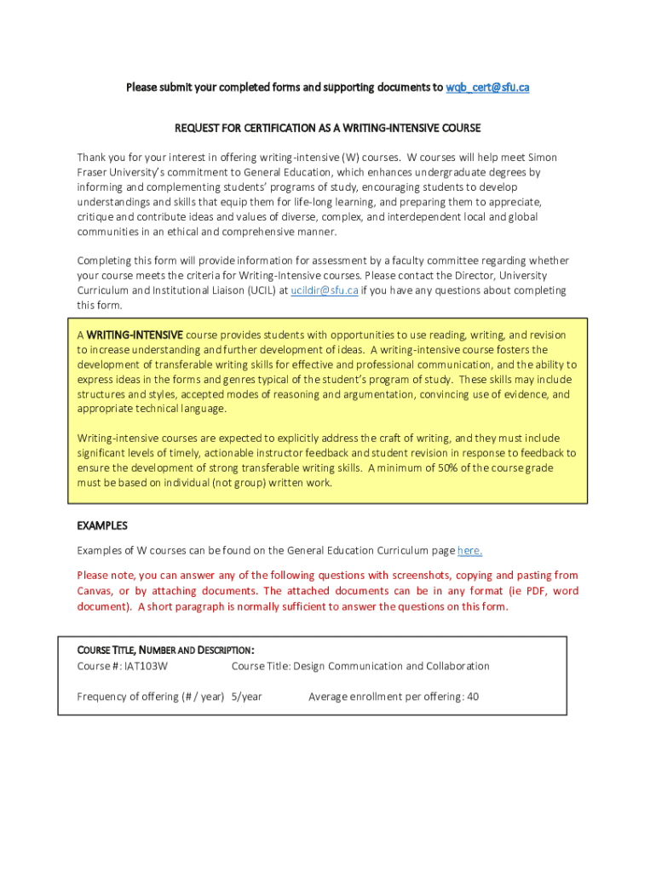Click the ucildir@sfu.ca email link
tap(324, 290)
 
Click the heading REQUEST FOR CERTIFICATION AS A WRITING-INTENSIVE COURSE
tap(328, 128)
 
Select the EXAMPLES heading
tap(102, 525)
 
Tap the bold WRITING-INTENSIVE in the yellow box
tap(135, 335)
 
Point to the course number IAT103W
tap(147, 666)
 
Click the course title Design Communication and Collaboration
tap(392, 666)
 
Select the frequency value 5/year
tap(247, 697)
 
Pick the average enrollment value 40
tap(473, 697)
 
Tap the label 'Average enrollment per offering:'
tap(386, 697)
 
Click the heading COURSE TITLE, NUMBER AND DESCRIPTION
tap(166, 651)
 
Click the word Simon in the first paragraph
tap(543, 158)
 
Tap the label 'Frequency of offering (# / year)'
tap(151, 697)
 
